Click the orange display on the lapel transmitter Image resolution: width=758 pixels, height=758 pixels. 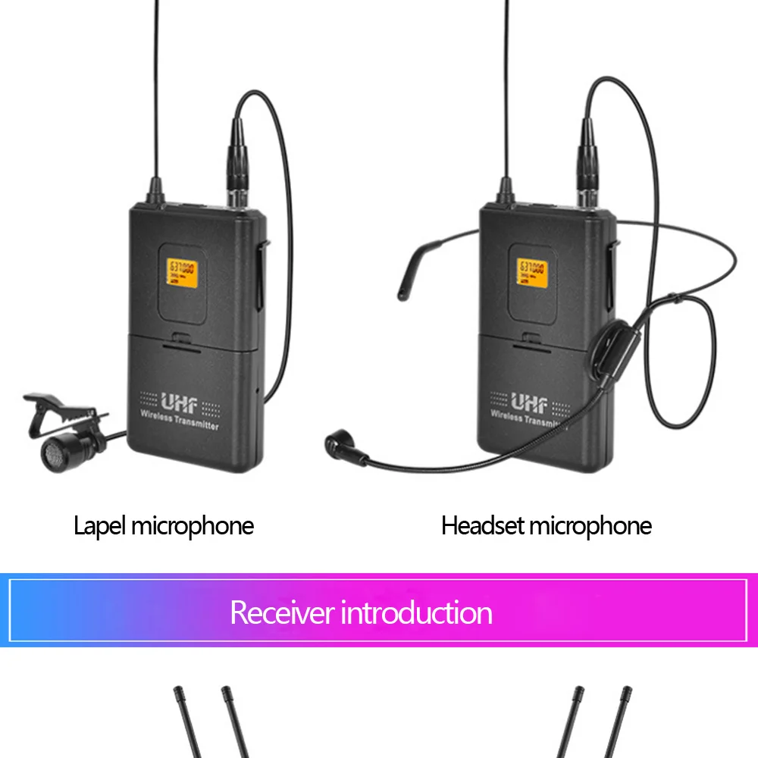click(x=181, y=272)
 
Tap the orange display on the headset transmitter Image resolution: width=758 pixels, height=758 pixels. click(x=532, y=272)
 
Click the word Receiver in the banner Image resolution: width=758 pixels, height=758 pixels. click(x=281, y=612)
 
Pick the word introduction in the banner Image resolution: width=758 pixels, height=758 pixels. click(x=416, y=612)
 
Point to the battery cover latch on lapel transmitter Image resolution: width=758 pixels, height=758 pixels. click(x=180, y=340)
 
